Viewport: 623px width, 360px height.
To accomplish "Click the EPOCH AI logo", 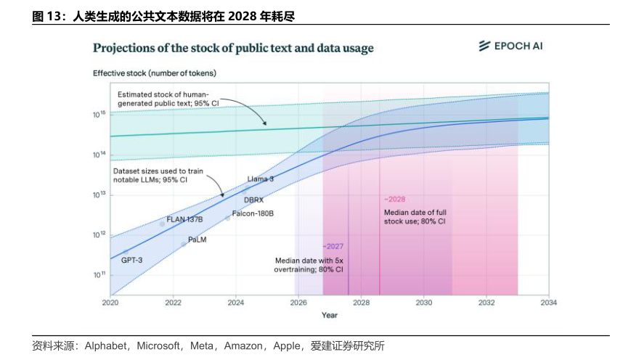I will pyautogui.click(x=510, y=46).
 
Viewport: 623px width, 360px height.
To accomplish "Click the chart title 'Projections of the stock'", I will pyautogui.click(x=233, y=48).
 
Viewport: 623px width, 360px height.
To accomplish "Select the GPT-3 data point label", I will pyautogui.click(x=131, y=259).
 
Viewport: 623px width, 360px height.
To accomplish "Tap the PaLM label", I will pyautogui.click(x=198, y=239).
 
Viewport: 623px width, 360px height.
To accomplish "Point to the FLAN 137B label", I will pyautogui.click(x=184, y=219).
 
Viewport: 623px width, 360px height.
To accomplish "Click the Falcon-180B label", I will pyautogui.click(x=253, y=214).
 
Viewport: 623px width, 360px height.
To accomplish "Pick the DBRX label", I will pyautogui.click(x=253, y=200).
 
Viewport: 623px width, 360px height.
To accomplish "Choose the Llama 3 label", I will pyautogui.click(x=260, y=179).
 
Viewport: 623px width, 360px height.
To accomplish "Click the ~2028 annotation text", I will pyautogui.click(x=394, y=199).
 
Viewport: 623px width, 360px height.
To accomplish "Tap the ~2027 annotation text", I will pyautogui.click(x=333, y=246).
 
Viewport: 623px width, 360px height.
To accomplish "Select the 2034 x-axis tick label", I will pyautogui.click(x=548, y=303).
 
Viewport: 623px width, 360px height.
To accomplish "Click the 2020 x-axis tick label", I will pyautogui.click(x=110, y=303).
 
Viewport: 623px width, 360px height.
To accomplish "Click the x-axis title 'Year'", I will pyautogui.click(x=330, y=315).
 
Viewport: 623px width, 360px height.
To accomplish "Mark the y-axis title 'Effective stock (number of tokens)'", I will pyautogui.click(x=154, y=73).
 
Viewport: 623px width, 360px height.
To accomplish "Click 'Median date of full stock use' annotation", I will pyautogui.click(x=415, y=216).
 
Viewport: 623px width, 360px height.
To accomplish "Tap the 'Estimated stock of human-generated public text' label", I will pyautogui.click(x=163, y=99).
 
